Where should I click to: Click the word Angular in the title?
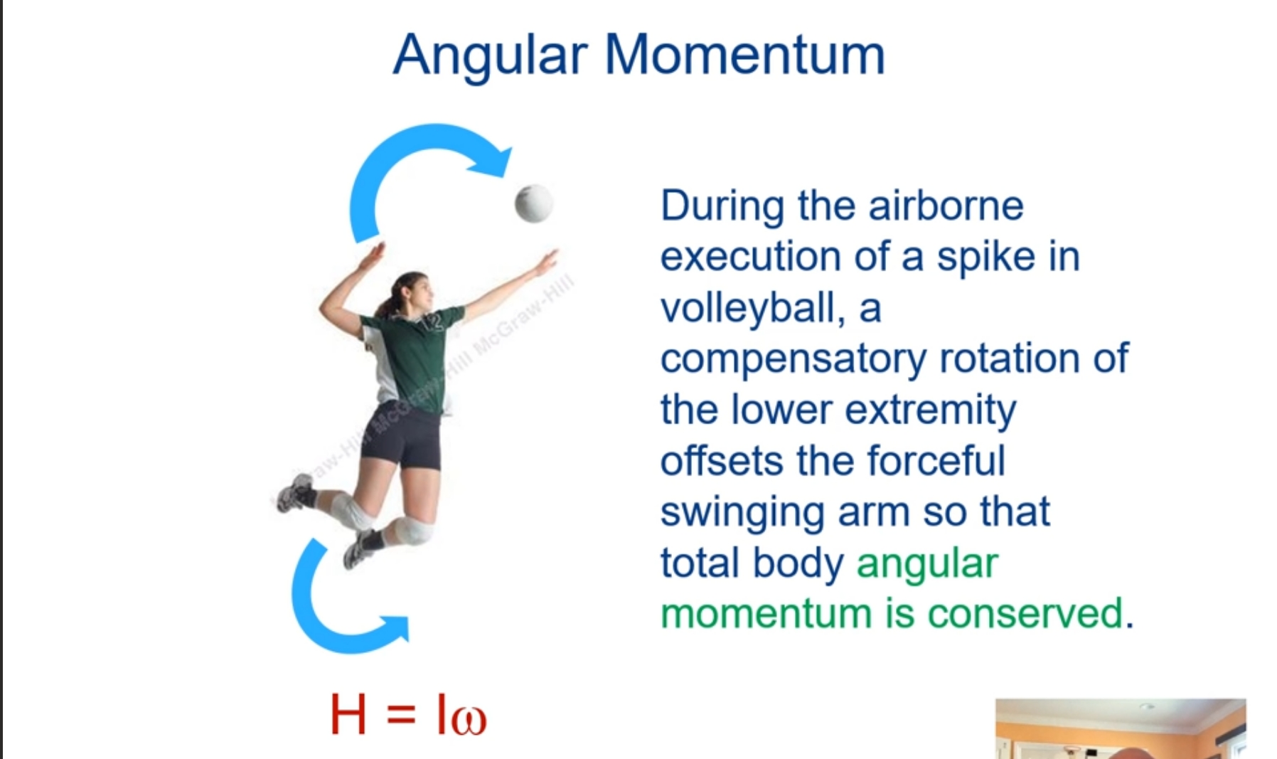[490, 55]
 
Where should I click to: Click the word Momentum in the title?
[744, 55]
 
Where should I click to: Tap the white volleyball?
[533, 203]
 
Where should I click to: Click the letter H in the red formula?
[348, 715]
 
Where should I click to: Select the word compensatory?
[793, 359]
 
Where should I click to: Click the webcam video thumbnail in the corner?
[1120, 729]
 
